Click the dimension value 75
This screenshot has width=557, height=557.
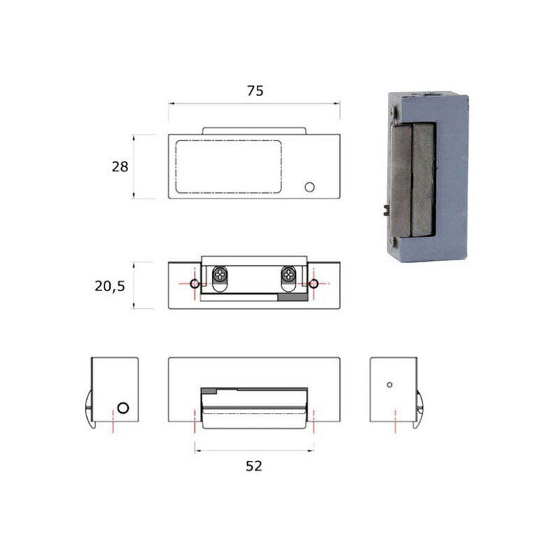click(255, 91)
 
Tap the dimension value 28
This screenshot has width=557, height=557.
click(120, 166)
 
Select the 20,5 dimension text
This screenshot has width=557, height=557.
click(110, 286)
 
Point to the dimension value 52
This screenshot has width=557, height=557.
click(253, 466)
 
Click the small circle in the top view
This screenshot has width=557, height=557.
click(309, 187)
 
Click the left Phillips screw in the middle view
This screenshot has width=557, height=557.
click(220, 274)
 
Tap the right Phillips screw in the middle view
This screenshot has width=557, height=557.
click(289, 274)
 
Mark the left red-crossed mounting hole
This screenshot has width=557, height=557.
click(195, 284)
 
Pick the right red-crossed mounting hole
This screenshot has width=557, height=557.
click(314, 283)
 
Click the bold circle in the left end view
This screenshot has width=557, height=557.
click(123, 408)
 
